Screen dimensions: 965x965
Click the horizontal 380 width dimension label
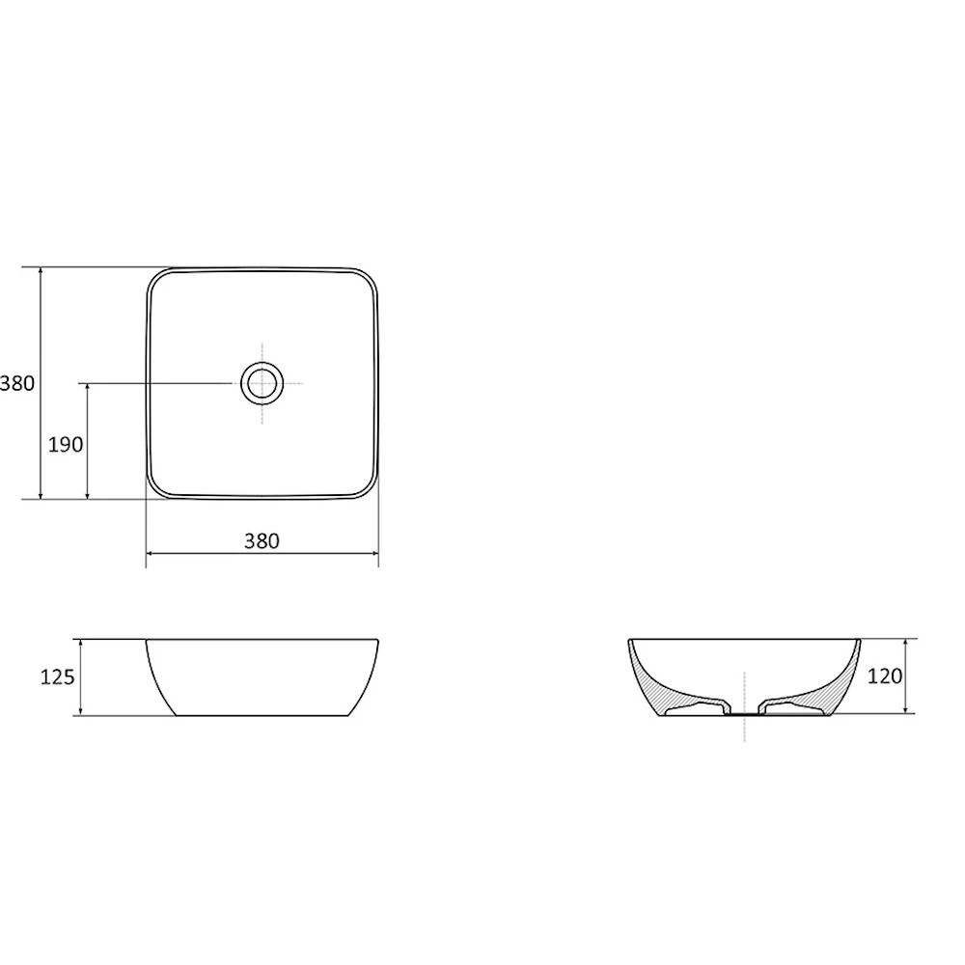click(x=262, y=541)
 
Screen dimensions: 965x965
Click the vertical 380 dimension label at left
click(x=17, y=383)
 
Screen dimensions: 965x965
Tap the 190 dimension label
click(x=66, y=444)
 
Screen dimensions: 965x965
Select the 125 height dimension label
click(x=57, y=677)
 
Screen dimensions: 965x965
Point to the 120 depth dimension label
click(x=885, y=676)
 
